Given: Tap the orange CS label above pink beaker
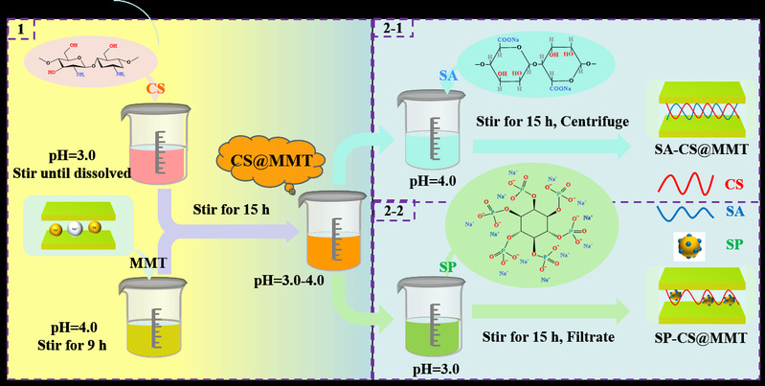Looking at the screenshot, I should tap(158, 89).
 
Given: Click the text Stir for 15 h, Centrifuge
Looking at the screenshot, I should tap(546, 123).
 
